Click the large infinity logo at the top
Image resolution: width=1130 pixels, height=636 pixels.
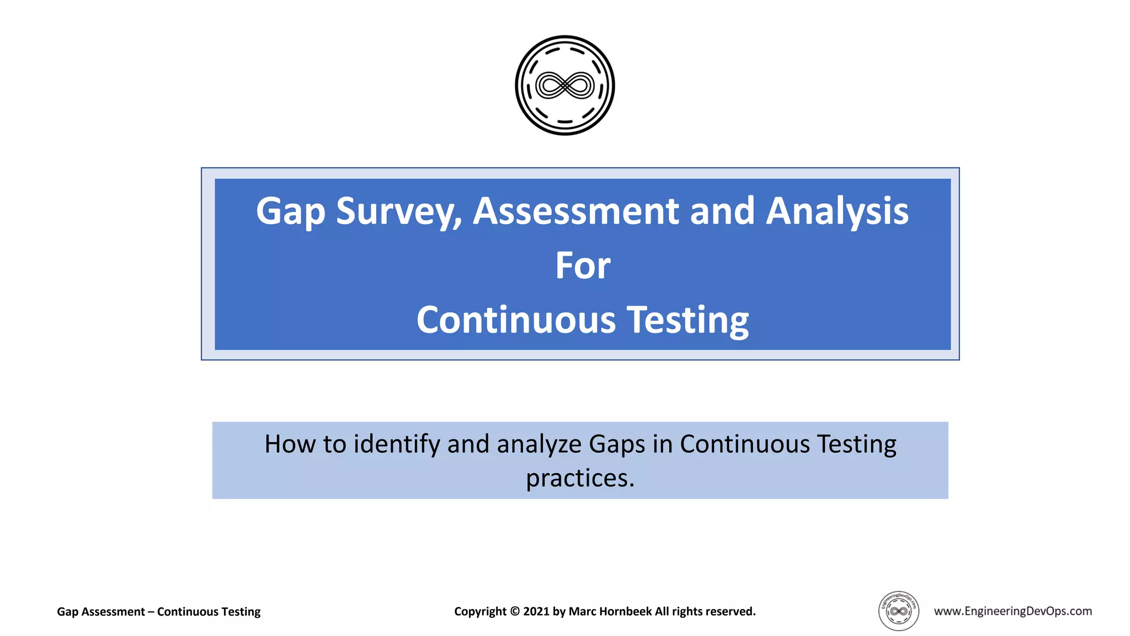coord(564,86)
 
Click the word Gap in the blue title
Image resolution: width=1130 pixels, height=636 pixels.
coord(290,212)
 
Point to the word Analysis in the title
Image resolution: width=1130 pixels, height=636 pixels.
coord(837,212)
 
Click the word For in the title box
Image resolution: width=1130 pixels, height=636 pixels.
coord(583,266)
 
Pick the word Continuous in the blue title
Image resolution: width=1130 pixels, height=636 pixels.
coord(516,320)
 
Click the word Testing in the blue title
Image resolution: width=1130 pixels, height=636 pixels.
coord(688,320)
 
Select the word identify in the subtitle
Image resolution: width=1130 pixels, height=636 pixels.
coord(396,444)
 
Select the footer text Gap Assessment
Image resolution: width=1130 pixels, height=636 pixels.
coord(100,612)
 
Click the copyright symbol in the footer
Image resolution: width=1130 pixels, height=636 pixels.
coord(514,612)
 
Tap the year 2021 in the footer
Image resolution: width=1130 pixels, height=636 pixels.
coord(536,612)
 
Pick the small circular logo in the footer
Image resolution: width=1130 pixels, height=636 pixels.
coord(898,611)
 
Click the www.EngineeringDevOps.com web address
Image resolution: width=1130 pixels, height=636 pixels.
coord(1012,611)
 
